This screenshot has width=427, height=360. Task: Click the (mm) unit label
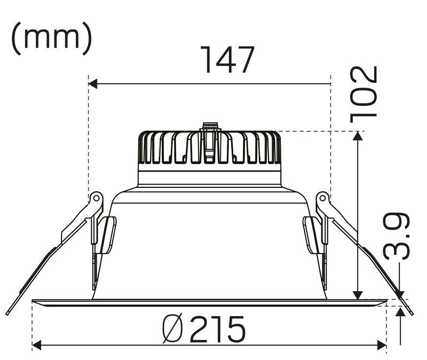coord(51,38)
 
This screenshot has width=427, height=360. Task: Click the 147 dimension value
coord(228,60)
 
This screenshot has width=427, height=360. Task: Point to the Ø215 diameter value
coord(204,329)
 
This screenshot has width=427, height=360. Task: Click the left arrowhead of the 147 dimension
coord(93,84)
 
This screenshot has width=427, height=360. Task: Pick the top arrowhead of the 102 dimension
coord(358,136)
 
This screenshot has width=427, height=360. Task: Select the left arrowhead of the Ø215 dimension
coord(36,345)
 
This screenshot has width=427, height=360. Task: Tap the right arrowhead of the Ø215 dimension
coord(382,345)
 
